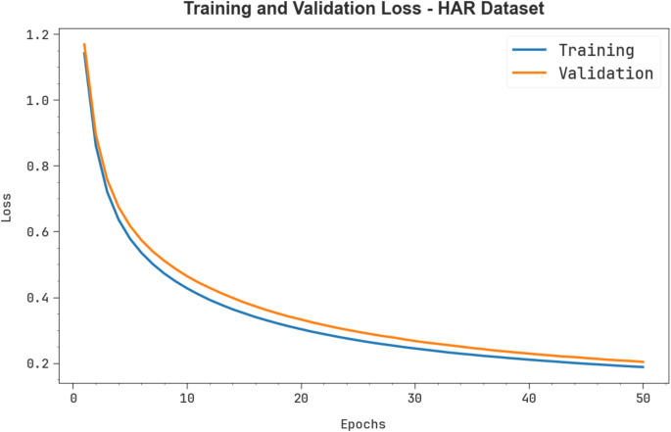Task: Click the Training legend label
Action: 596,50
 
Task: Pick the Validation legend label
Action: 604,73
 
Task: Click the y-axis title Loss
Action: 9,207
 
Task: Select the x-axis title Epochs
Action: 362,424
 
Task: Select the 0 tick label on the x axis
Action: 72,399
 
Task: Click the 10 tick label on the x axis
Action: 187,399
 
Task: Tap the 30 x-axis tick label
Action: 415,399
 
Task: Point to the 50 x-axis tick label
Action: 644,399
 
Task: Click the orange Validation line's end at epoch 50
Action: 644,361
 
